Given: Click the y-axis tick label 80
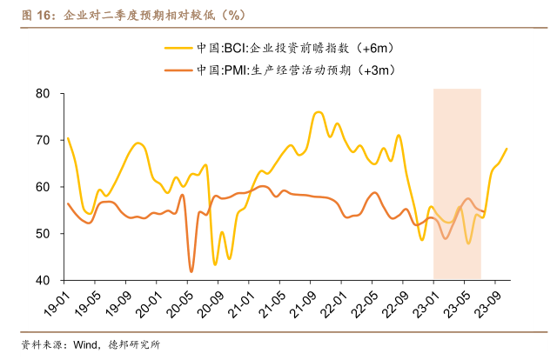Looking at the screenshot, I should pos(44,93).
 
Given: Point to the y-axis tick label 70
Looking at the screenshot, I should pos(44,140).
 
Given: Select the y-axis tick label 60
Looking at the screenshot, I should pos(44,187).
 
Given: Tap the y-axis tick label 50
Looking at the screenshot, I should pos(44,234).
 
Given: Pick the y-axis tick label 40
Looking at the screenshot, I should pos(44,281).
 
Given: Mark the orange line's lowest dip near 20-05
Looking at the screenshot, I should pos(191,271).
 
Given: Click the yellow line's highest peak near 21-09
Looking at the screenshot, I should pos(318,112).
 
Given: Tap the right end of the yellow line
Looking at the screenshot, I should pos(507,149).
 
